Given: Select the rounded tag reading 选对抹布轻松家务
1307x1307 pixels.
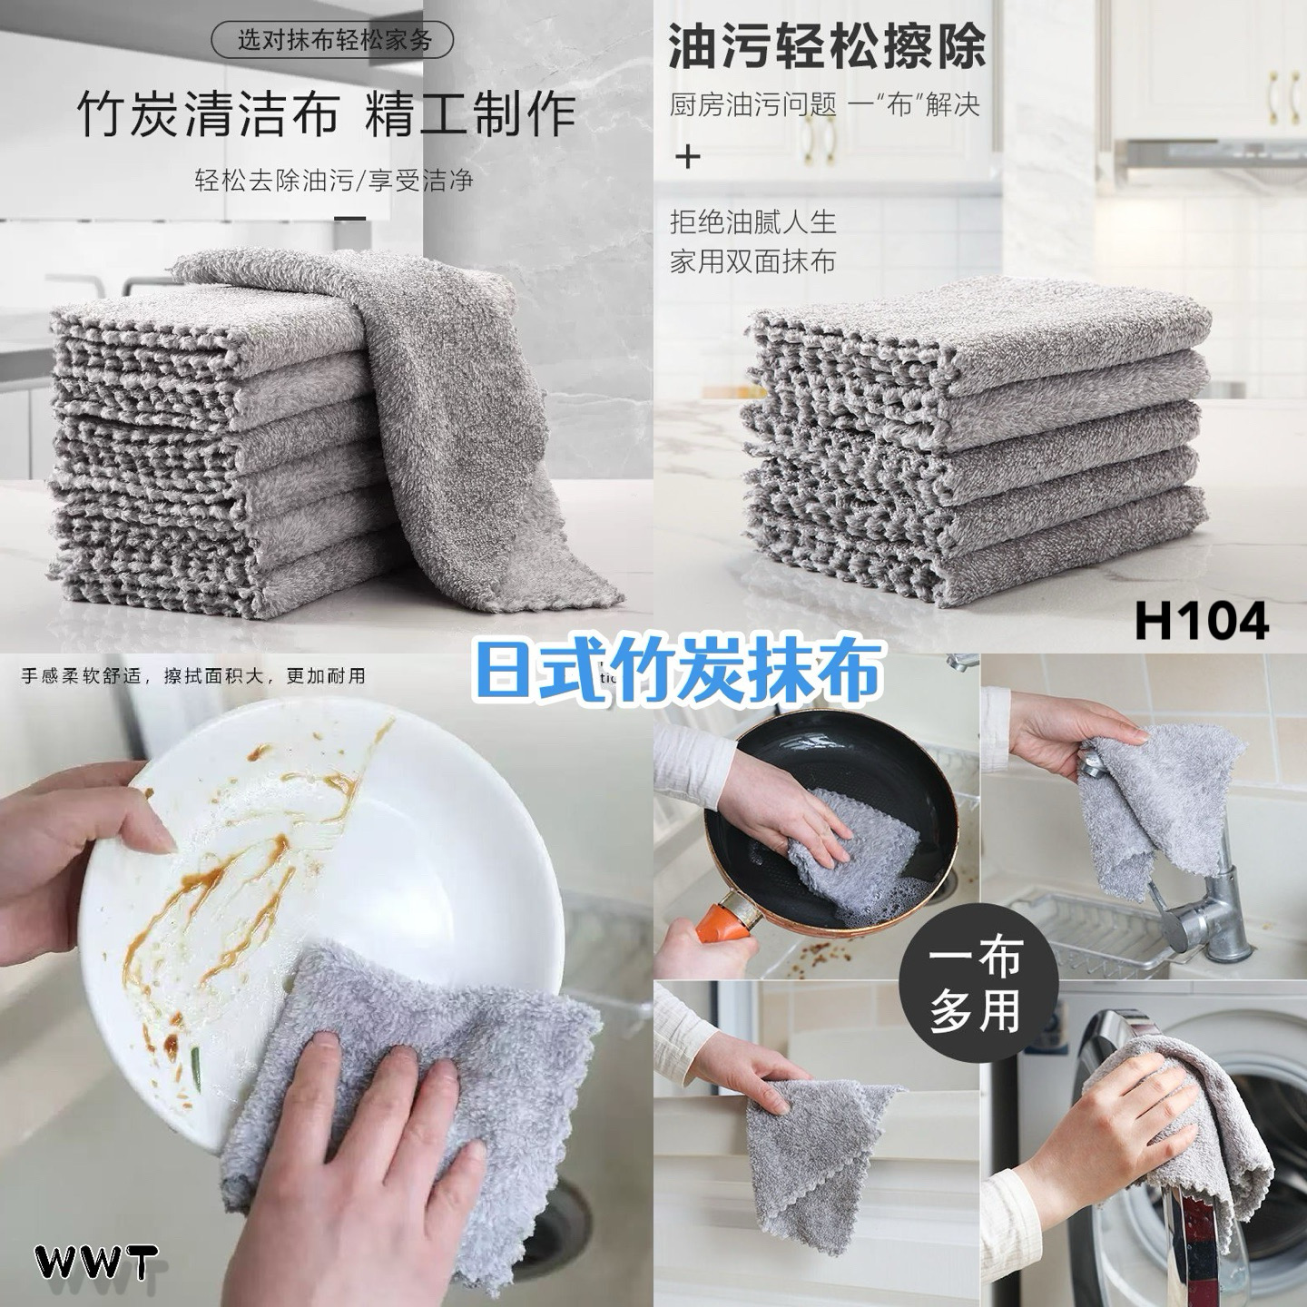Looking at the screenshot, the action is point(333,40).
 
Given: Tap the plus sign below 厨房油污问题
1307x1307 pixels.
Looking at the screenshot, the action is point(688,158).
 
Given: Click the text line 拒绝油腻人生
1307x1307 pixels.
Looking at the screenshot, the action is point(752,222).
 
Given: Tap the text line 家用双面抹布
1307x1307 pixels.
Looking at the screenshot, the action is point(752,261).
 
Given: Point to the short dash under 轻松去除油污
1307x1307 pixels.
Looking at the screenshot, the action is point(350,219).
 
